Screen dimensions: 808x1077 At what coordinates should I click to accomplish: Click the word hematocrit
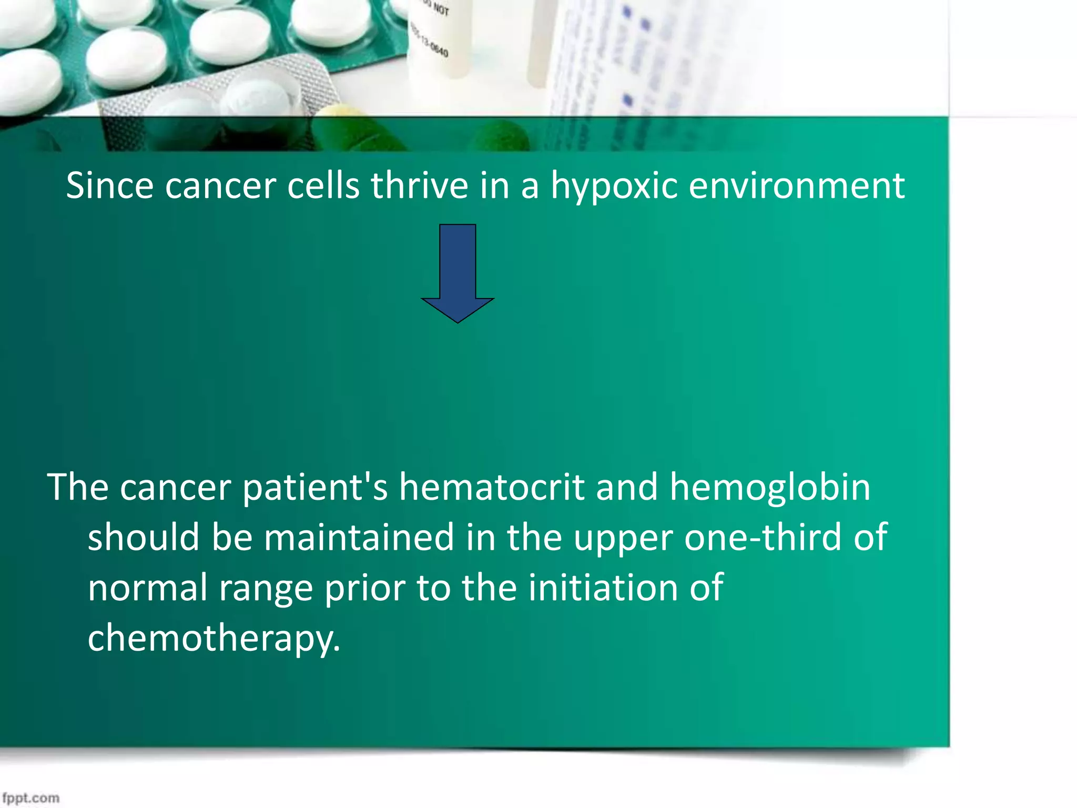click(491, 487)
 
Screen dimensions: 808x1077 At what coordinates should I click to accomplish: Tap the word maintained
click(359, 537)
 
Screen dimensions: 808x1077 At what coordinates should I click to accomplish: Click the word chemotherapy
click(214, 638)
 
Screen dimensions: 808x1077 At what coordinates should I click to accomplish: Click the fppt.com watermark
click(31, 797)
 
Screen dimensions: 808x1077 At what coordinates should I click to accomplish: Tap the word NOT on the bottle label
click(441, 9)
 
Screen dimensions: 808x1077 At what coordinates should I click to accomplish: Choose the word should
click(143, 537)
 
